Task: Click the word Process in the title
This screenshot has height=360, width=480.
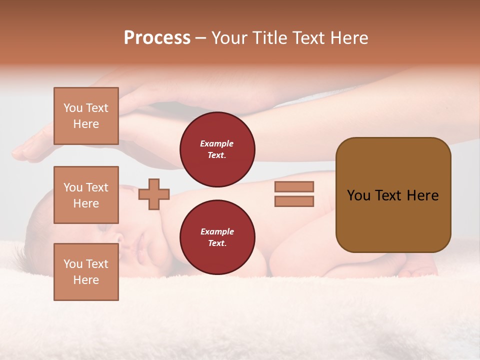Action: [157, 38]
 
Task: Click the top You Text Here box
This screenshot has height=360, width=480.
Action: [86, 116]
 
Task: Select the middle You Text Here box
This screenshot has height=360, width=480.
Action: [86, 195]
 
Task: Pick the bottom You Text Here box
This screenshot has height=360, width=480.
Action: [86, 272]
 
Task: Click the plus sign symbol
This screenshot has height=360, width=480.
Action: [154, 194]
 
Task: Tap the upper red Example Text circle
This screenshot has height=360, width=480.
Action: [217, 149]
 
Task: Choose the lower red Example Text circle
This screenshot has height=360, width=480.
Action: [217, 237]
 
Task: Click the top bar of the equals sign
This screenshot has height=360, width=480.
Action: [294, 186]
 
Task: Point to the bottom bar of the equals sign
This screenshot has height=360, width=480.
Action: [294, 201]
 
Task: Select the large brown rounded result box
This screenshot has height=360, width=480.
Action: [393, 195]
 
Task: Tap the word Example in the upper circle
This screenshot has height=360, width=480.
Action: [217, 144]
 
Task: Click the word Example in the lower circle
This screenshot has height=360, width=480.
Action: [217, 232]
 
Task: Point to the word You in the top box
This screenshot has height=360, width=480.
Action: [72, 108]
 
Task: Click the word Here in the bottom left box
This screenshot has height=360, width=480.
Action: [86, 280]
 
